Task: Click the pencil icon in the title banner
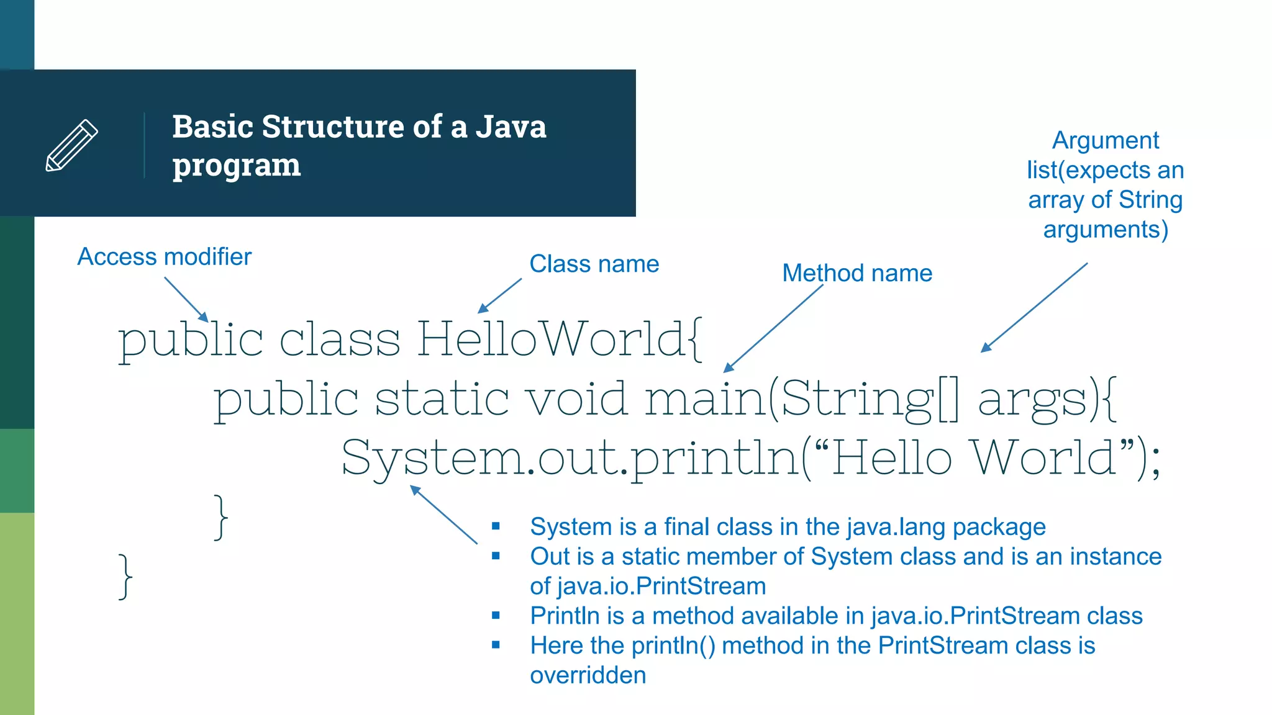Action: point(72,145)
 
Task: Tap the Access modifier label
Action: point(164,256)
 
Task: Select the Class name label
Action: point(594,264)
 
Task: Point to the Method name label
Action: point(856,273)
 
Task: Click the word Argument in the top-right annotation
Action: point(1105,140)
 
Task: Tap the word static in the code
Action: point(442,398)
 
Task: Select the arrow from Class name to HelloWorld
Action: point(500,295)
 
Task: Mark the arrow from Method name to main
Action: point(773,328)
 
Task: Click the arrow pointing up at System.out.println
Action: point(443,515)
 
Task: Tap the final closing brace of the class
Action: point(125,576)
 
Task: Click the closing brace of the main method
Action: point(220,517)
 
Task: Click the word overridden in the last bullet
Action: point(588,675)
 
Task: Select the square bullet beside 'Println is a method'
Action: point(496,616)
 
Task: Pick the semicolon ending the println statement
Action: point(1155,465)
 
